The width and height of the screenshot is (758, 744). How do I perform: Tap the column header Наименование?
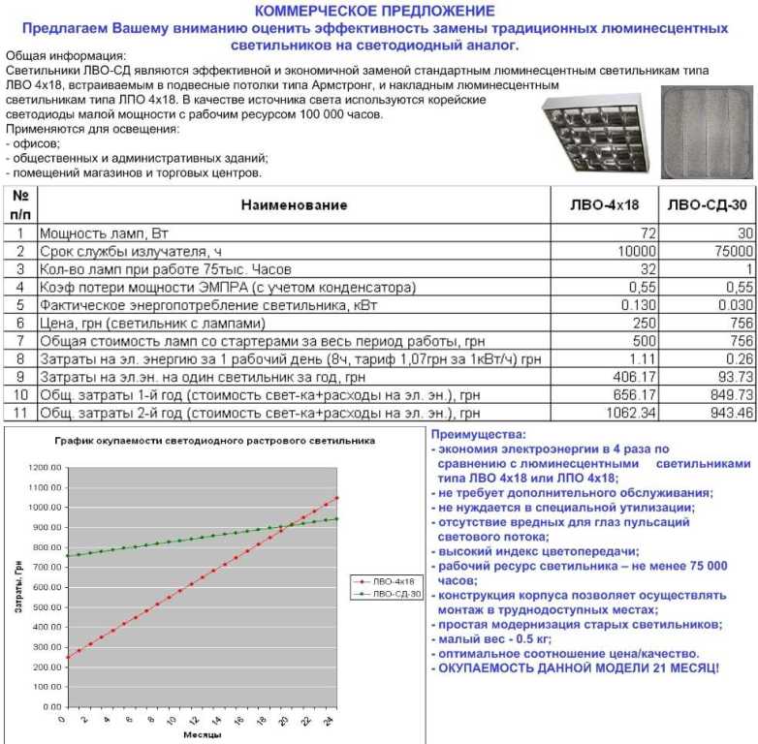[x=294, y=204]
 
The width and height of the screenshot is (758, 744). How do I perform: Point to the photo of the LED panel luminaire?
[x=706, y=130]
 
